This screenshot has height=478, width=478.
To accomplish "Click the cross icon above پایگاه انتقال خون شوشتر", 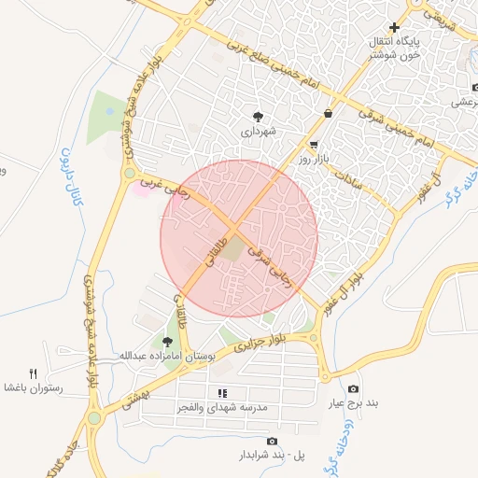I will pos(395,28).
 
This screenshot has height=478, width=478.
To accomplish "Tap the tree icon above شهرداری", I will pos(258,116).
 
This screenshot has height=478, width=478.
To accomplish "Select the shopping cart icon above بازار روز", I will pos(314,145).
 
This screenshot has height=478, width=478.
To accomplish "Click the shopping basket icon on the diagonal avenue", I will pos(328,114).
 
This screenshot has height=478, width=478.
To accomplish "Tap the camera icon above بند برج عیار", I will pos(353,388).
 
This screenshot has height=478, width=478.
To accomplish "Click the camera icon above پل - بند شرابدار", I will pos(272,441).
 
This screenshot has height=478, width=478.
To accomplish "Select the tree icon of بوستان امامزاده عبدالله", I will pos(168,343).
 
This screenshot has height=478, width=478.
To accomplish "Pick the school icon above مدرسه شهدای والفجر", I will pos(222,393).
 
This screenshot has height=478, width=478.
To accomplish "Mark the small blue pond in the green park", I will pos(110,111).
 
